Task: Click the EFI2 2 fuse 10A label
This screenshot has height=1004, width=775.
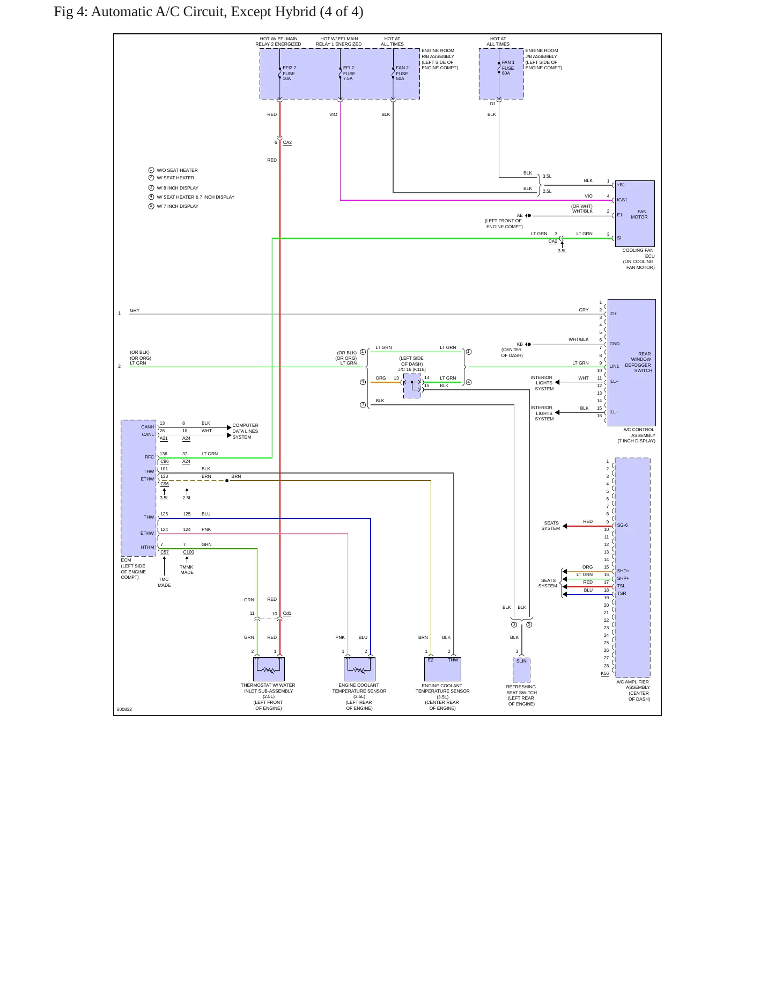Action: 289,73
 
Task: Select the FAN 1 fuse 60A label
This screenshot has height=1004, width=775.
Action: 508,68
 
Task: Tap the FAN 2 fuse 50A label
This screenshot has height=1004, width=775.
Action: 402,73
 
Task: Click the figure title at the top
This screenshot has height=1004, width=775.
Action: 209,12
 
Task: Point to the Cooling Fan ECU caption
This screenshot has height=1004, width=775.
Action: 638,259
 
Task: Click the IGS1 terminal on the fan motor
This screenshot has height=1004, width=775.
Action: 622,200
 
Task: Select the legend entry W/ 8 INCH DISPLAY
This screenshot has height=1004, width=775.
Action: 178,188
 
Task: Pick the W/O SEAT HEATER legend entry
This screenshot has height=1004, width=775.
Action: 177,170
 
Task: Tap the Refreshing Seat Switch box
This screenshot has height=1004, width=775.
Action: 521,670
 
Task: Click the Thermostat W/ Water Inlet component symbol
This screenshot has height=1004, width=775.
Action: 269,669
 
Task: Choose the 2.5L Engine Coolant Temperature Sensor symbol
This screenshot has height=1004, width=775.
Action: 359,669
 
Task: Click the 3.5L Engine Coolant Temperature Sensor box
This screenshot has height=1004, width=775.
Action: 442,669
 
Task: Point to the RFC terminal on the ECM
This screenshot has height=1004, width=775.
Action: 149,457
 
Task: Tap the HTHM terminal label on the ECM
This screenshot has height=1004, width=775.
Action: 147,547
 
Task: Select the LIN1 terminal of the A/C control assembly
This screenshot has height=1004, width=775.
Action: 614,366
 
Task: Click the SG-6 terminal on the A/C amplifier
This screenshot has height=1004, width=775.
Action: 622,525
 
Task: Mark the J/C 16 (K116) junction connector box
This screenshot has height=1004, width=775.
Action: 412,386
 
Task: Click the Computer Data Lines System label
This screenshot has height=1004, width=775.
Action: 245,431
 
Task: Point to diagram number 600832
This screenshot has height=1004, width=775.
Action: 124,709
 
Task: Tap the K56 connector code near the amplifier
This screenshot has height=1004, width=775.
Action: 605,673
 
